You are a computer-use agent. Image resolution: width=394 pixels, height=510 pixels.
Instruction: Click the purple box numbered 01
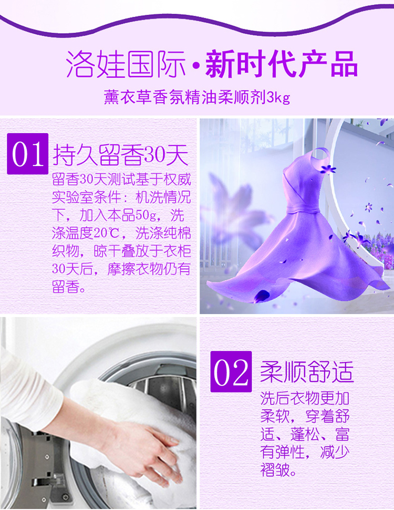click(x=28, y=153)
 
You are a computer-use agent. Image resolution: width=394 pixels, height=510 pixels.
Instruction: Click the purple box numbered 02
click(x=231, y=371)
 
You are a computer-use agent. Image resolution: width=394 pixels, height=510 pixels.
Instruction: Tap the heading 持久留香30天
click(x=121, y=154)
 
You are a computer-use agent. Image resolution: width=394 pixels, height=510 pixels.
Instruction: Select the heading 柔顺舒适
click(x=307, y=371)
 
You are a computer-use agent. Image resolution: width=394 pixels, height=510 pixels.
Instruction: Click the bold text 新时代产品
click(x=282, y=64)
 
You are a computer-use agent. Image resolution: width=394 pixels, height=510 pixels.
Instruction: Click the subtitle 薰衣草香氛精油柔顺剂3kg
click(x=197, y=97)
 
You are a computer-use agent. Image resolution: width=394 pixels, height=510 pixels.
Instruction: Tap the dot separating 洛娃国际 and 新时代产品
click(x=195, y=66)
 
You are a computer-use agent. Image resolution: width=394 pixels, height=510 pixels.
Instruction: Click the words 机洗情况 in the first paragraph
click(x=163, y=197)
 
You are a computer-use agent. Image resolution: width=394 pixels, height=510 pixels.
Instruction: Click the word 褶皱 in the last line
click(x=275, y=470)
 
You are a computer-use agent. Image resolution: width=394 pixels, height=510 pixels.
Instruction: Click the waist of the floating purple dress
click(x=301, y=207)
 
